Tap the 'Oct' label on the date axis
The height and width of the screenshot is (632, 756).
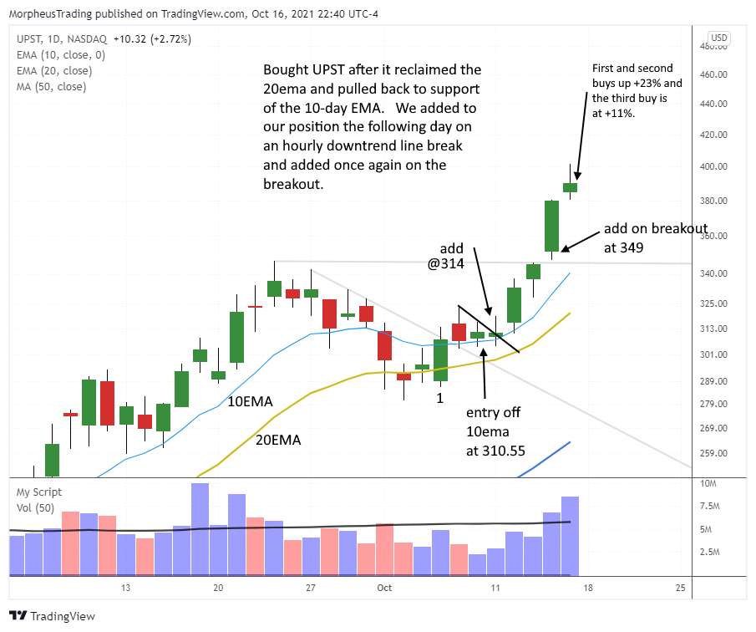point(384,588)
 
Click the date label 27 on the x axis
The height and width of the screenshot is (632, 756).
point(310,588)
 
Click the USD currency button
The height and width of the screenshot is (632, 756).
point(718,38)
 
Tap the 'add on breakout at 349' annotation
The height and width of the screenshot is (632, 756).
point(655,237)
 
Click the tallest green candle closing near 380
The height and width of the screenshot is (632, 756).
point(551,226)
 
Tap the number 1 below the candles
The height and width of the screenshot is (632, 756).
point(439,399)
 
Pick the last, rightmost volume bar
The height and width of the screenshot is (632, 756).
point(570,536)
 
